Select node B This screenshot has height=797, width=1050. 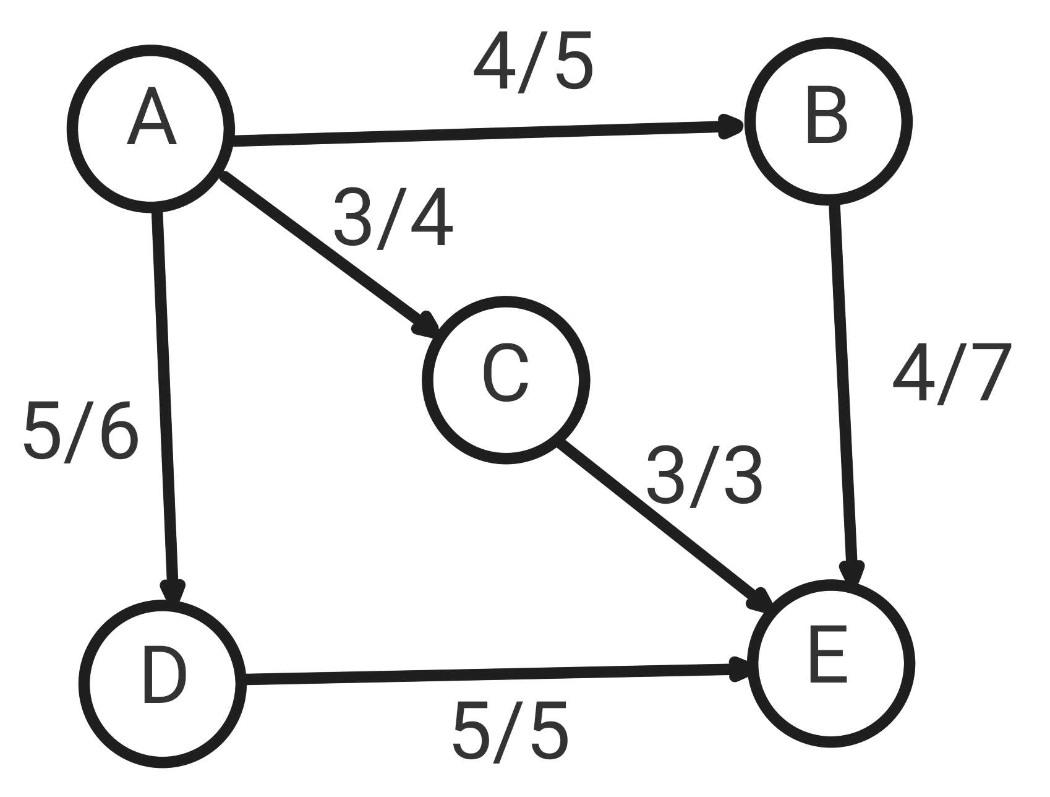(827, 121)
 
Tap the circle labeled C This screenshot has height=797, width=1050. (506, 380)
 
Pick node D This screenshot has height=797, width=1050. (162, 683)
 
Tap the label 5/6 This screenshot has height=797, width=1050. (80, 431)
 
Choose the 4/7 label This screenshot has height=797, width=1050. (951, 374)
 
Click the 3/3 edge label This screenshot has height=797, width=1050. (704, 476)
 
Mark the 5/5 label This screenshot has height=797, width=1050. (510, 732)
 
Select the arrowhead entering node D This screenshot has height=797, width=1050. (173, 590)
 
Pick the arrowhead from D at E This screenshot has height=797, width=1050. (738, 670)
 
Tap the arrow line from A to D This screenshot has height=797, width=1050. (164, 396)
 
